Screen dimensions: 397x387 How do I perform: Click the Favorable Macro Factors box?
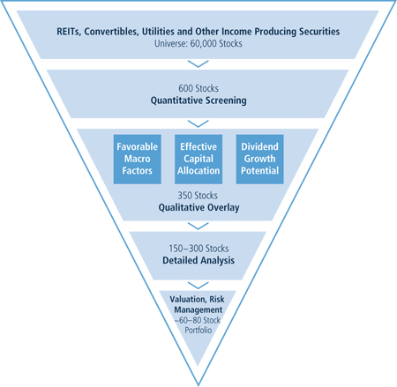point(138,160)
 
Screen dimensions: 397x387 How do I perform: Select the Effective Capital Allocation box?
point(198,160)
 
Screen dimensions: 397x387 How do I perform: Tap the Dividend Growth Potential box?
point(259,160)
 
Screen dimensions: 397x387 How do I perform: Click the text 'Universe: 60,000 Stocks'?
point(198,44)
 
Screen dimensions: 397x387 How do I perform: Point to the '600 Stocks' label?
point(198,88)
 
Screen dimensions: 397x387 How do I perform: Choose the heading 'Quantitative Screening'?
point(198,100)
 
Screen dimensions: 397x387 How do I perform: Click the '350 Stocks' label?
point(198,196)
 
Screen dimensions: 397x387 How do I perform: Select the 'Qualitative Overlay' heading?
point(198,207)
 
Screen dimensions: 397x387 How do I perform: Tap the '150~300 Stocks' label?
point(198,249)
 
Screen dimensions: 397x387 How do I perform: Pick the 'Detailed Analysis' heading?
point(198,260)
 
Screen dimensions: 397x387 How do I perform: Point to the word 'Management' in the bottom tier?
point(198,309)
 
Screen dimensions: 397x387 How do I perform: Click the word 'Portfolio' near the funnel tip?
point(198,331)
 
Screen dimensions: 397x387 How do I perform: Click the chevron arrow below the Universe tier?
point(198,64)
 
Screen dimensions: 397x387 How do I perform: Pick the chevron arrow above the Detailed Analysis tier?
point(198,226)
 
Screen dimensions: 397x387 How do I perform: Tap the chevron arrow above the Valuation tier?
point(198,286)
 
